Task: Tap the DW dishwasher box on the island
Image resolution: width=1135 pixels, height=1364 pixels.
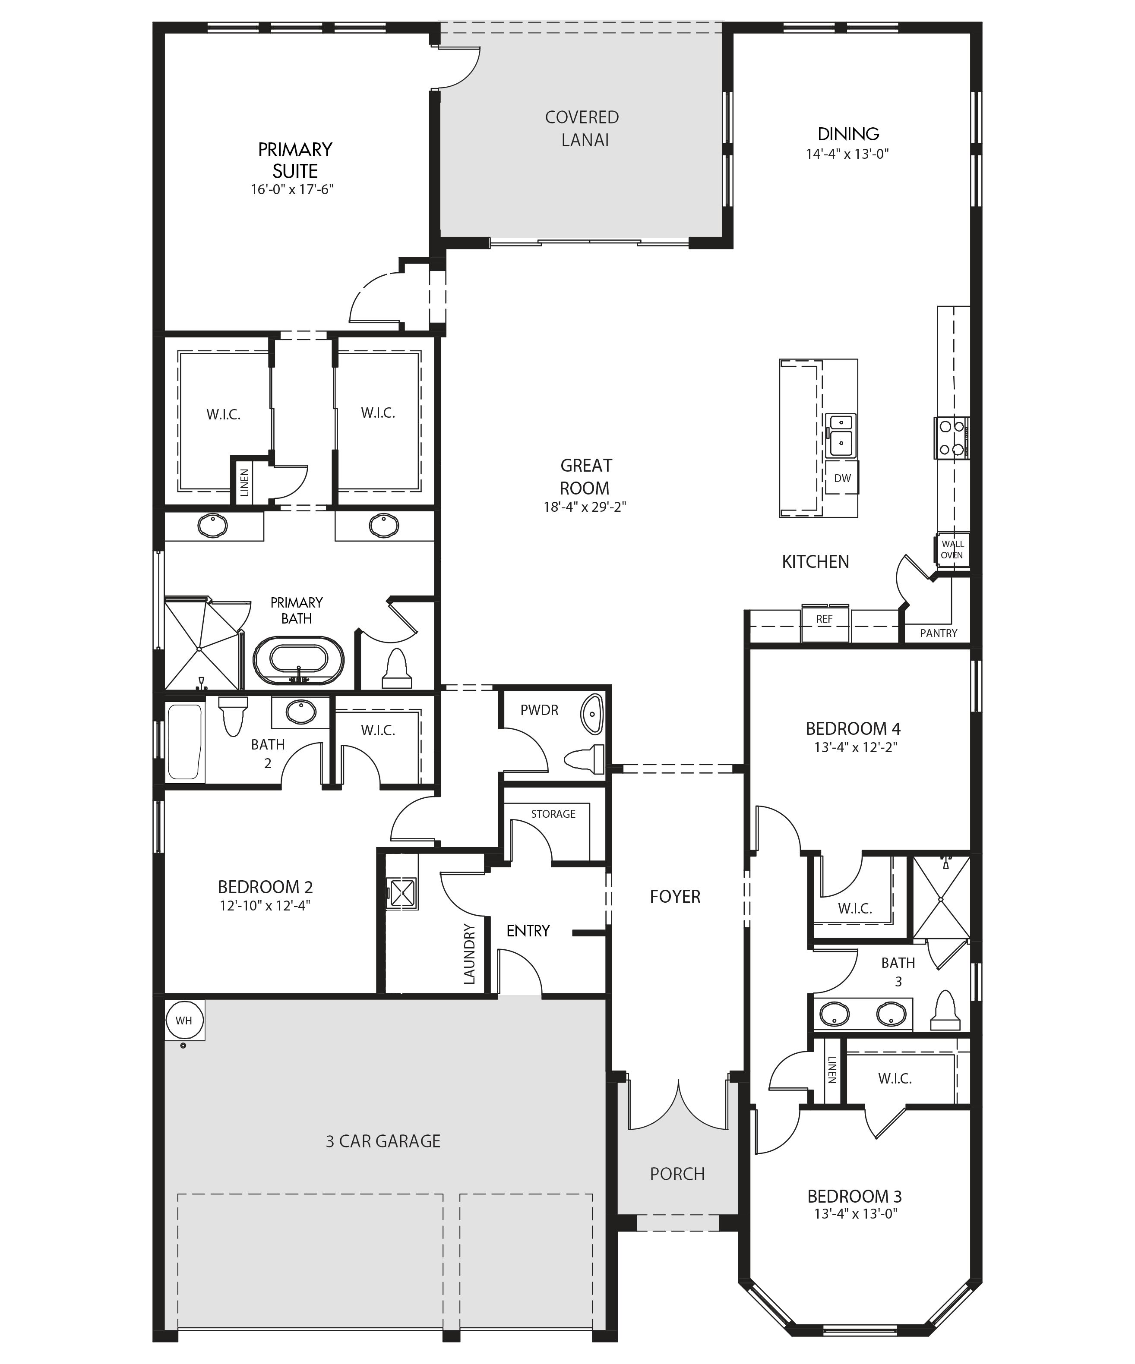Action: tap(842, 478)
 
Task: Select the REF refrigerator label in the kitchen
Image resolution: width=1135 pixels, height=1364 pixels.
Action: tap(824, 619)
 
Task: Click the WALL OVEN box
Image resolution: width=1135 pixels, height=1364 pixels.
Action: tap(952, 549)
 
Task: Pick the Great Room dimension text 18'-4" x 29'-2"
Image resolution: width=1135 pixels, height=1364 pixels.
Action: tap(585, 507)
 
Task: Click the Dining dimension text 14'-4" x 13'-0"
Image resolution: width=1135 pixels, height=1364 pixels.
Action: tap(847, 154)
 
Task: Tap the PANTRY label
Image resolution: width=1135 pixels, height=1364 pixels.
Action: tap(938, 633)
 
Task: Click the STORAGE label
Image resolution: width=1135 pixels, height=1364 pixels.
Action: tap(553, 814)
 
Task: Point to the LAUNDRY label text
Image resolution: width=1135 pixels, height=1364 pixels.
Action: tap(469, 954)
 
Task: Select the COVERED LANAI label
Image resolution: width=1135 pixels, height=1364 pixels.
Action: tap(583, 129)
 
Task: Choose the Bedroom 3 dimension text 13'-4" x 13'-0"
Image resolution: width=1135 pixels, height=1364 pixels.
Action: tap(855, 1213)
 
